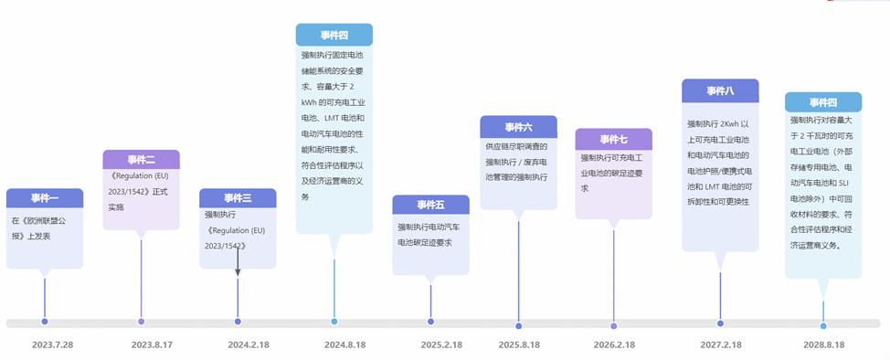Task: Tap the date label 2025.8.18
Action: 518,344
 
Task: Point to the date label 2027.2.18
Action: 720,344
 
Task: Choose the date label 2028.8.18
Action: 823,344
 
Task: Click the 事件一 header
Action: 45,198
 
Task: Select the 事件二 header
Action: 141,160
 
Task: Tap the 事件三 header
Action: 238,198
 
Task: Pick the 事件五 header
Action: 430,205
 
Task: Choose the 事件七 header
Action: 613,139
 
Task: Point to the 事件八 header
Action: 720,90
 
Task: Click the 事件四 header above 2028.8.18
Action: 823,101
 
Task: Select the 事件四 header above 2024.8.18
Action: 334,35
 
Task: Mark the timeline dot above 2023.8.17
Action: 141,322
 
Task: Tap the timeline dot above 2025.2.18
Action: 430,322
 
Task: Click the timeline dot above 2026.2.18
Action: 613,325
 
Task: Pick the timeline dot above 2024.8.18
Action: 334,322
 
